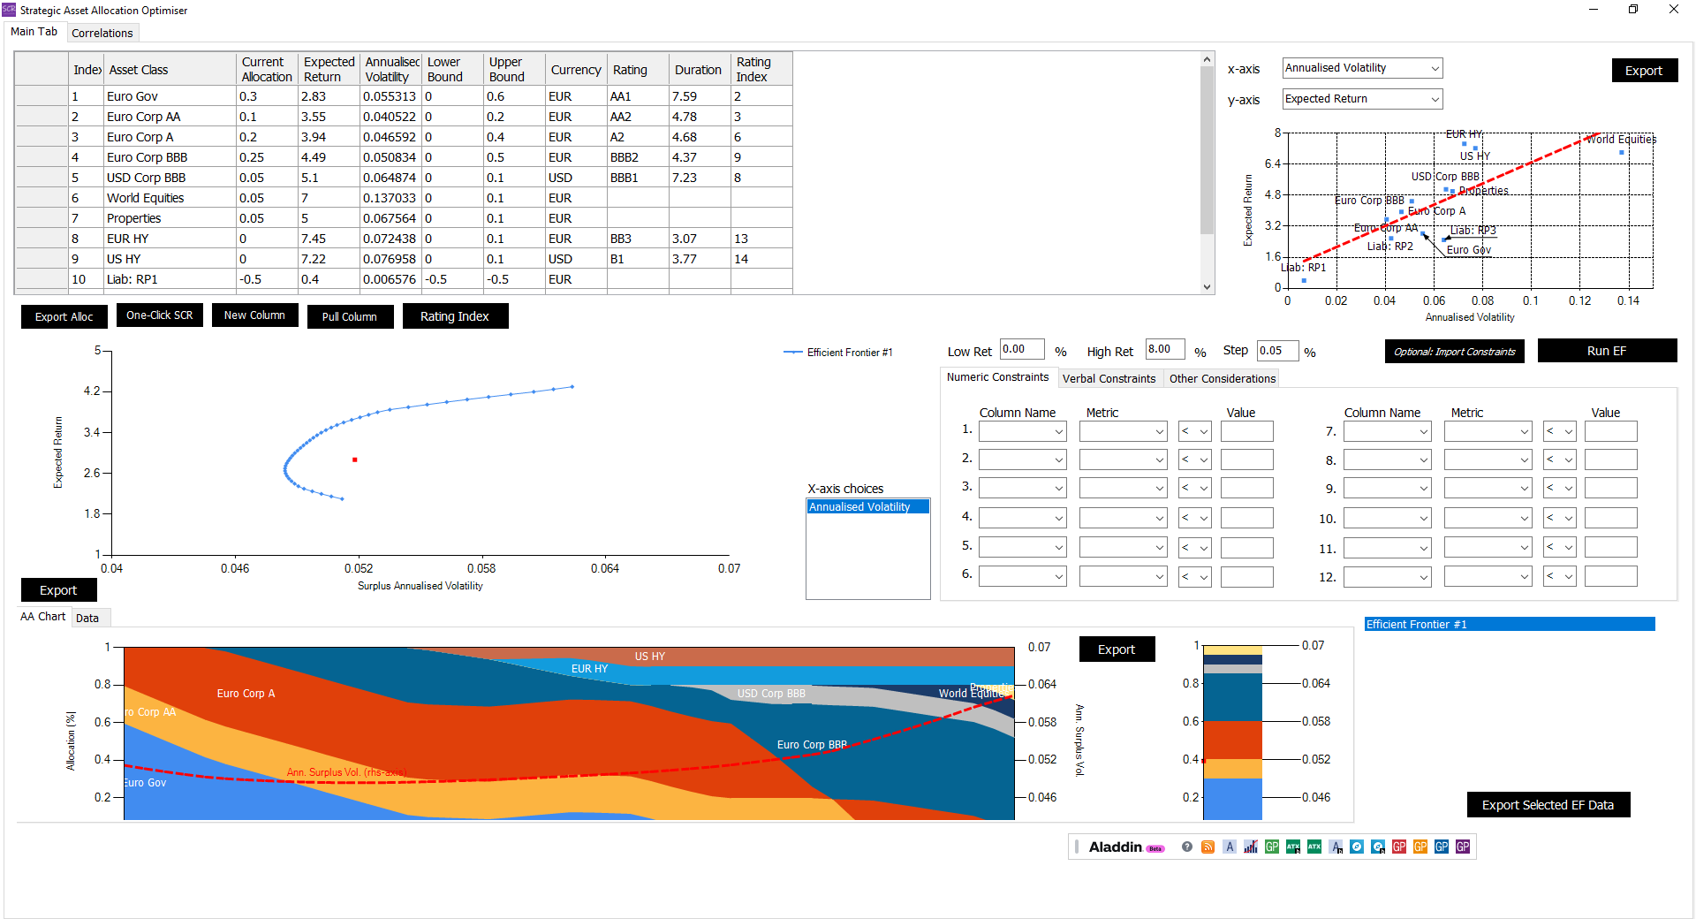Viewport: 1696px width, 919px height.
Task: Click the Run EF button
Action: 1606,351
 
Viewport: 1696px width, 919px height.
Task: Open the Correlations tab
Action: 102,33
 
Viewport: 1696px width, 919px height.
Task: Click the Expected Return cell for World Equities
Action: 328,198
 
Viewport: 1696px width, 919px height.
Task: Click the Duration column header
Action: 698,70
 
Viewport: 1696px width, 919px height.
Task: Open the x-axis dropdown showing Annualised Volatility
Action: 1361,68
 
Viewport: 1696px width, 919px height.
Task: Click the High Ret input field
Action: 1164,350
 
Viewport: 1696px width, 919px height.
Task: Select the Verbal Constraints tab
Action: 1108,378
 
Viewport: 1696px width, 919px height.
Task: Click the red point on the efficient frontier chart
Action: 355,459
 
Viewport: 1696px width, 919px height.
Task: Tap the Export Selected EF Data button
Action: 1548,805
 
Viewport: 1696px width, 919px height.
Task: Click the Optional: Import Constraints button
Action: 1454,352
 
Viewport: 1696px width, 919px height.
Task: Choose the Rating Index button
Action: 454,316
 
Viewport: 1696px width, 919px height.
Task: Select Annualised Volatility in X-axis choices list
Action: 867,507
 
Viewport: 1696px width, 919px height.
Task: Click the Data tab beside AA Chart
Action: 87,618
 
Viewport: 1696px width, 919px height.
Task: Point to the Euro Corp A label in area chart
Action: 246,694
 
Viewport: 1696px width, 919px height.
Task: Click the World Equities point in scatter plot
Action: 1622,153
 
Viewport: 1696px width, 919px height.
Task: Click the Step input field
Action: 1276,351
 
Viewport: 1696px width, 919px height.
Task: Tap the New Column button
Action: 254,315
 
